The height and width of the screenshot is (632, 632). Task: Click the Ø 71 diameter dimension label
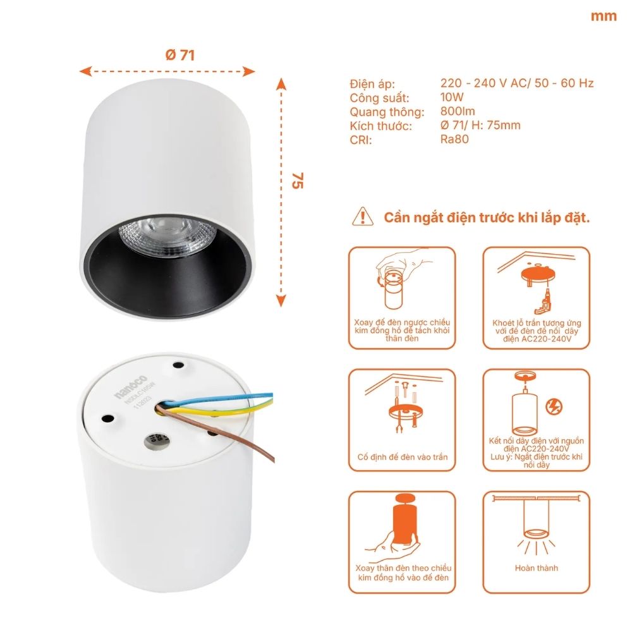click(180, 55)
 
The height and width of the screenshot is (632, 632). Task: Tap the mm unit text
click(604, 16)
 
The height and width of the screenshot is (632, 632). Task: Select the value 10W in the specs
click(452, 97)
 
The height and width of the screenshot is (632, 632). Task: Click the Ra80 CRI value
click(454, 139)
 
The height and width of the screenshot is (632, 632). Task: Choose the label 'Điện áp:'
click(372, 84)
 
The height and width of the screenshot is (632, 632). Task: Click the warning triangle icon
click(362, 216)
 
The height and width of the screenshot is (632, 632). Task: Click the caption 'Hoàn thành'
click(537, 568)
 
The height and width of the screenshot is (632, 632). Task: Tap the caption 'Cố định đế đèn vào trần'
click(402, 456)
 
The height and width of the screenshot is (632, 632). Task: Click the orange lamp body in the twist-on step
click(402, 525)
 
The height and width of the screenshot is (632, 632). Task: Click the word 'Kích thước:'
click(380, 126)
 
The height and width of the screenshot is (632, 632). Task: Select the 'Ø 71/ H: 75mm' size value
click(480, 125)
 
